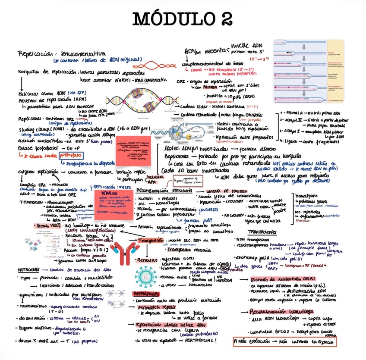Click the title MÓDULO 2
click(x=183, y=19)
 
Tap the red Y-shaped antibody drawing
click(x=123, y=252)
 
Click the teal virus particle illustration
click(x=144, y=275)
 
